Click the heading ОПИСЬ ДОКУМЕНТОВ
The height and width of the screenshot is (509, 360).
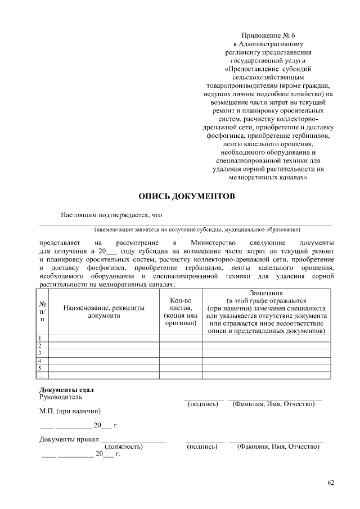tap(183, 196)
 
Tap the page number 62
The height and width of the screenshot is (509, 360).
tap(331, 482)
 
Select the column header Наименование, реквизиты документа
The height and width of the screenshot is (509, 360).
tap(103, 312)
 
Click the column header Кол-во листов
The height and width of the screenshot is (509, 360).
tap(181, 312)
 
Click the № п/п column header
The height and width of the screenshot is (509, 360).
tap(42, 312)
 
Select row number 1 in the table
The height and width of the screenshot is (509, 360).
tap(40, 338)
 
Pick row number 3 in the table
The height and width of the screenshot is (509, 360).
tap(40, 353)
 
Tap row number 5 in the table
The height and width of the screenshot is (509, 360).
tap(40, 368)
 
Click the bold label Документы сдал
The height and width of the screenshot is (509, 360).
tap(66, 390)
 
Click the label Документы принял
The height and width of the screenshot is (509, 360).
tap(69, 439)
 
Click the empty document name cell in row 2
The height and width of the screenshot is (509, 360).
tap(103, 345)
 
